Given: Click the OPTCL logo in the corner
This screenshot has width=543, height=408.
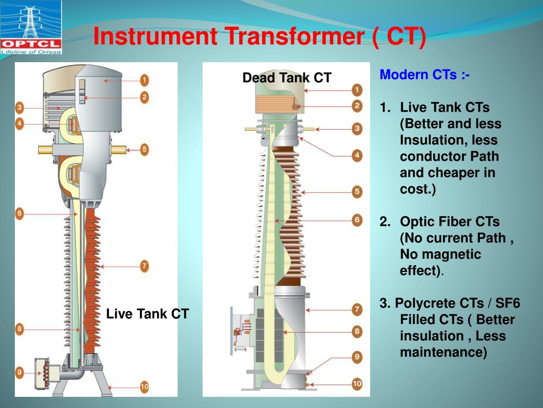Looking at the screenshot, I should coord(31,27).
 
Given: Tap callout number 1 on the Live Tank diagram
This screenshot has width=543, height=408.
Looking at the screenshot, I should coord(144,81).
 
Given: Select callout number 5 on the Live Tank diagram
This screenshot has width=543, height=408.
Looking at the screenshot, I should coord(144,150).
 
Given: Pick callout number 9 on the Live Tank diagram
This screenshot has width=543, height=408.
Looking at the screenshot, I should coord(20,373).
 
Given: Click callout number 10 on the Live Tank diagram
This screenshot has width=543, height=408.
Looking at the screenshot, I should coord(144,387).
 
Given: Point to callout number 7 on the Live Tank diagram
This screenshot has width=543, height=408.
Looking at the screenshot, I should coord(144,266).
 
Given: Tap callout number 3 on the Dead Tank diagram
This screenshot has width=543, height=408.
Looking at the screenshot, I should coord(357,129).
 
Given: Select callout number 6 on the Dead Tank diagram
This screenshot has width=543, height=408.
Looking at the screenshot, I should coord(357,219).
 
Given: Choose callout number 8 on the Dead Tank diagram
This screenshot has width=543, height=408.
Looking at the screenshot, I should coord(357,331).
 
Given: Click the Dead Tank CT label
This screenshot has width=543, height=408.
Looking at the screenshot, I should coord(287,78).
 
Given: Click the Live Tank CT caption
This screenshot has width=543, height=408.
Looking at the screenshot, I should coord(147,313).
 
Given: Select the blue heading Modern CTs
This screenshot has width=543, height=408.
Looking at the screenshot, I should coord(424,75).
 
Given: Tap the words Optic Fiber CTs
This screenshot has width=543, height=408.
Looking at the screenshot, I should coord(450,222).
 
